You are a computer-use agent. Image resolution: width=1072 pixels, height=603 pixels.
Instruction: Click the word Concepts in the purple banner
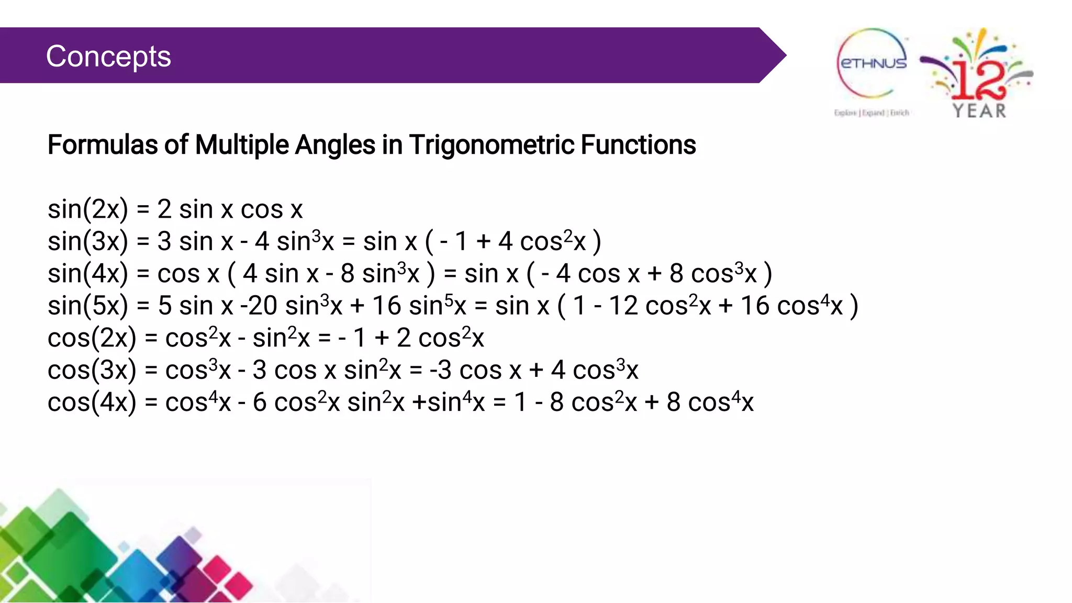108,56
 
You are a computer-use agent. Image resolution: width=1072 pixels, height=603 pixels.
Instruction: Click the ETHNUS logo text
873,63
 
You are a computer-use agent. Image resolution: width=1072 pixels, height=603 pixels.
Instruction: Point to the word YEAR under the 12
979,111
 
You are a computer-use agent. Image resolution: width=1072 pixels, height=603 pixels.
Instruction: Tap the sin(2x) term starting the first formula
87,209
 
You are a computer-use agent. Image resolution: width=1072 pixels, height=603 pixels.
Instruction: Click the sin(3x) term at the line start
87,242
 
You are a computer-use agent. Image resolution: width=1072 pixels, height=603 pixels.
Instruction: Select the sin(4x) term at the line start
87,274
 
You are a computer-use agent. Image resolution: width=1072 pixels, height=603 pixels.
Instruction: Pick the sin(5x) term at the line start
87,306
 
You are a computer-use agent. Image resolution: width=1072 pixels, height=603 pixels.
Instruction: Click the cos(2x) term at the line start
92,338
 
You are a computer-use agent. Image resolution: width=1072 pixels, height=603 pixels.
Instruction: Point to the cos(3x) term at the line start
92,371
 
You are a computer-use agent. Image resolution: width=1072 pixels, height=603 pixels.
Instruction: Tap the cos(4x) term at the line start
92,403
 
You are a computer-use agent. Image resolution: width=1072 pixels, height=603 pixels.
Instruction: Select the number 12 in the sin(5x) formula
623,306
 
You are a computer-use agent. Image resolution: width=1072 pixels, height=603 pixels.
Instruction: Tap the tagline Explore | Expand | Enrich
872,113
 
